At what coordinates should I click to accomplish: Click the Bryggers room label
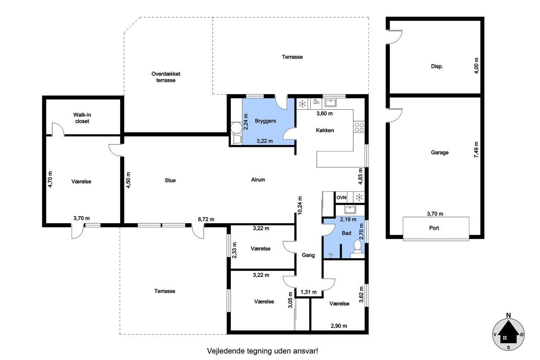[x=265, y=121]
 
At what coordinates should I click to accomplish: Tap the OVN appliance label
[x=341, y=198]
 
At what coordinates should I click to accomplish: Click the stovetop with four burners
[x=359, y=127]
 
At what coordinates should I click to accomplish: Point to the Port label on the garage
[x=434, y=228]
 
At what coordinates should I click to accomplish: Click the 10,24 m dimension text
[x=300, y=206]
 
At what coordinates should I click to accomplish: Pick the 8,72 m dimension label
[x=206, y=219]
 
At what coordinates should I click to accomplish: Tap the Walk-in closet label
[x=82, y=118]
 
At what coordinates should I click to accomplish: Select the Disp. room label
[x=437, y=66]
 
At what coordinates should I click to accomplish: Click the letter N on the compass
[x=508, y=315]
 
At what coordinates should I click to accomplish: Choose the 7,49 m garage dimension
[x=476, y=150]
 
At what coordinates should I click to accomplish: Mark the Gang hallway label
[x=308, y=255]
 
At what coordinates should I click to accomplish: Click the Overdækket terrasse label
[x=166, y=77]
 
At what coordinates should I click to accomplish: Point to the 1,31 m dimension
[x=308, y=292]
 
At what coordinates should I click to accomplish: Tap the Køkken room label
[x=325, y=130]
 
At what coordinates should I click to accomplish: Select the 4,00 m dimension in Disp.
[x=476, y=65]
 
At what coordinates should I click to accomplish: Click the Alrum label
[x=258, y=180]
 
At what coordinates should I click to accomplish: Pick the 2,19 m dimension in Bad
[x=348, y=219]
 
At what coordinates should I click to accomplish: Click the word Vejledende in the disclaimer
[x=226, y=351]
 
